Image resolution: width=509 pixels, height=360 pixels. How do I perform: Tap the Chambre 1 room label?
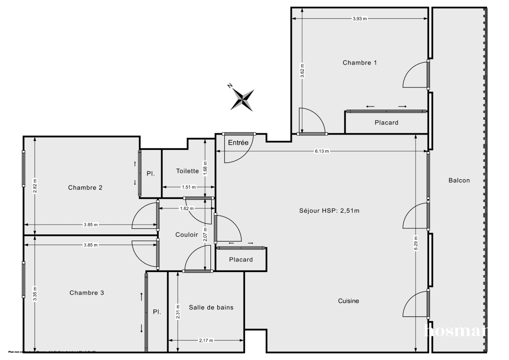click(360, 63)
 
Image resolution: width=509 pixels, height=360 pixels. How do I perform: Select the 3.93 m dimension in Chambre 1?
click(360, 19)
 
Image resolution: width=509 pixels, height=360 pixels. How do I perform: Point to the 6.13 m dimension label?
click(322, 152)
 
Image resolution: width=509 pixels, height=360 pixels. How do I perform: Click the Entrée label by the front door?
click(238, 143)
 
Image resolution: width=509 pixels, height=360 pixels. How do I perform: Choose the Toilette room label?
click(187, 171)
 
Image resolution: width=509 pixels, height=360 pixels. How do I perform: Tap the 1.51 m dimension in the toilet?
click(189, 187)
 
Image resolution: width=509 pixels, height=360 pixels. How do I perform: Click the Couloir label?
click(187, 234)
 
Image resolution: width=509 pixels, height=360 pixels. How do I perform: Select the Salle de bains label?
click(211, 307)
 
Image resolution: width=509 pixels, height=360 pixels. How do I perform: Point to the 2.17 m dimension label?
click(206, 340)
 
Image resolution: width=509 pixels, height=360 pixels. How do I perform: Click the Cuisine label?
click(348, 301)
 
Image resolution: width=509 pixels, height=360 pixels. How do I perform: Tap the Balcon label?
click(459, 180)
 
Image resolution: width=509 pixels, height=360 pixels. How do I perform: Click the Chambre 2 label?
click(85, 188)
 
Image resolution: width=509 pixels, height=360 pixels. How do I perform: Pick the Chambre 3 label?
click(87, 293)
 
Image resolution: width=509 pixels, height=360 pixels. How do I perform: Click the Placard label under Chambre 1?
click(386, 123)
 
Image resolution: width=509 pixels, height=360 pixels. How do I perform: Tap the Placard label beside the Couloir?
click(241, 260)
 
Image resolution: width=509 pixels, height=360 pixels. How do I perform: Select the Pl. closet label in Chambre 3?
click(157, 312)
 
